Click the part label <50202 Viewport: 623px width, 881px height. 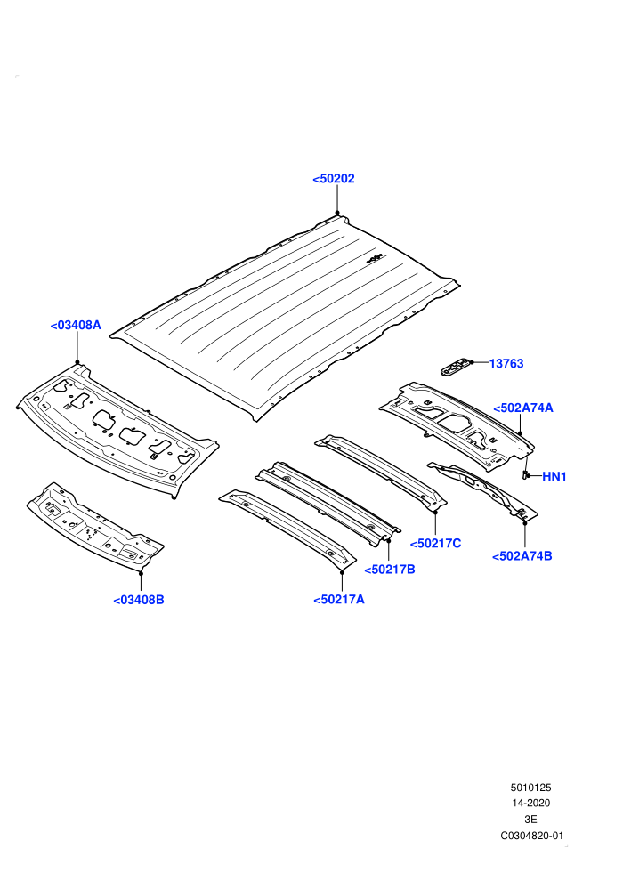pos(334,179)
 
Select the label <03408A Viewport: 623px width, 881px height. pos(76,326)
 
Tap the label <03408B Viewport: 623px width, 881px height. pos(139,600)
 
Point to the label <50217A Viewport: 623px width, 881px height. pos(339,600)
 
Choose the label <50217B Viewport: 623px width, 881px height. pos(390,570)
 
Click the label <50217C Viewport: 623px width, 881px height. pos(435,544)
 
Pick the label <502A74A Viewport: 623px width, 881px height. pos(523,408)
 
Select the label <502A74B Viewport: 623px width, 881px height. pos(522,556)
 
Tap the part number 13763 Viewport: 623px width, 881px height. pos(506,364)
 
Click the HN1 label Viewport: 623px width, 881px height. pos(554,477)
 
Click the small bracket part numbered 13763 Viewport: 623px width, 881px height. pos(456,368)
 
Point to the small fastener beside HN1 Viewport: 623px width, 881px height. pos(525,475)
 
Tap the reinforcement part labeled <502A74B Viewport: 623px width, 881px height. pos(482,489)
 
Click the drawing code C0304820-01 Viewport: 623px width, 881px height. pos(531,836)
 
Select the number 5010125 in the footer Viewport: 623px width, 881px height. pos(530,788)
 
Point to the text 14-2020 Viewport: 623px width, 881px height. pos(530,804)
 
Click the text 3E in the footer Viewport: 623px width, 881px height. pos(530,820)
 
